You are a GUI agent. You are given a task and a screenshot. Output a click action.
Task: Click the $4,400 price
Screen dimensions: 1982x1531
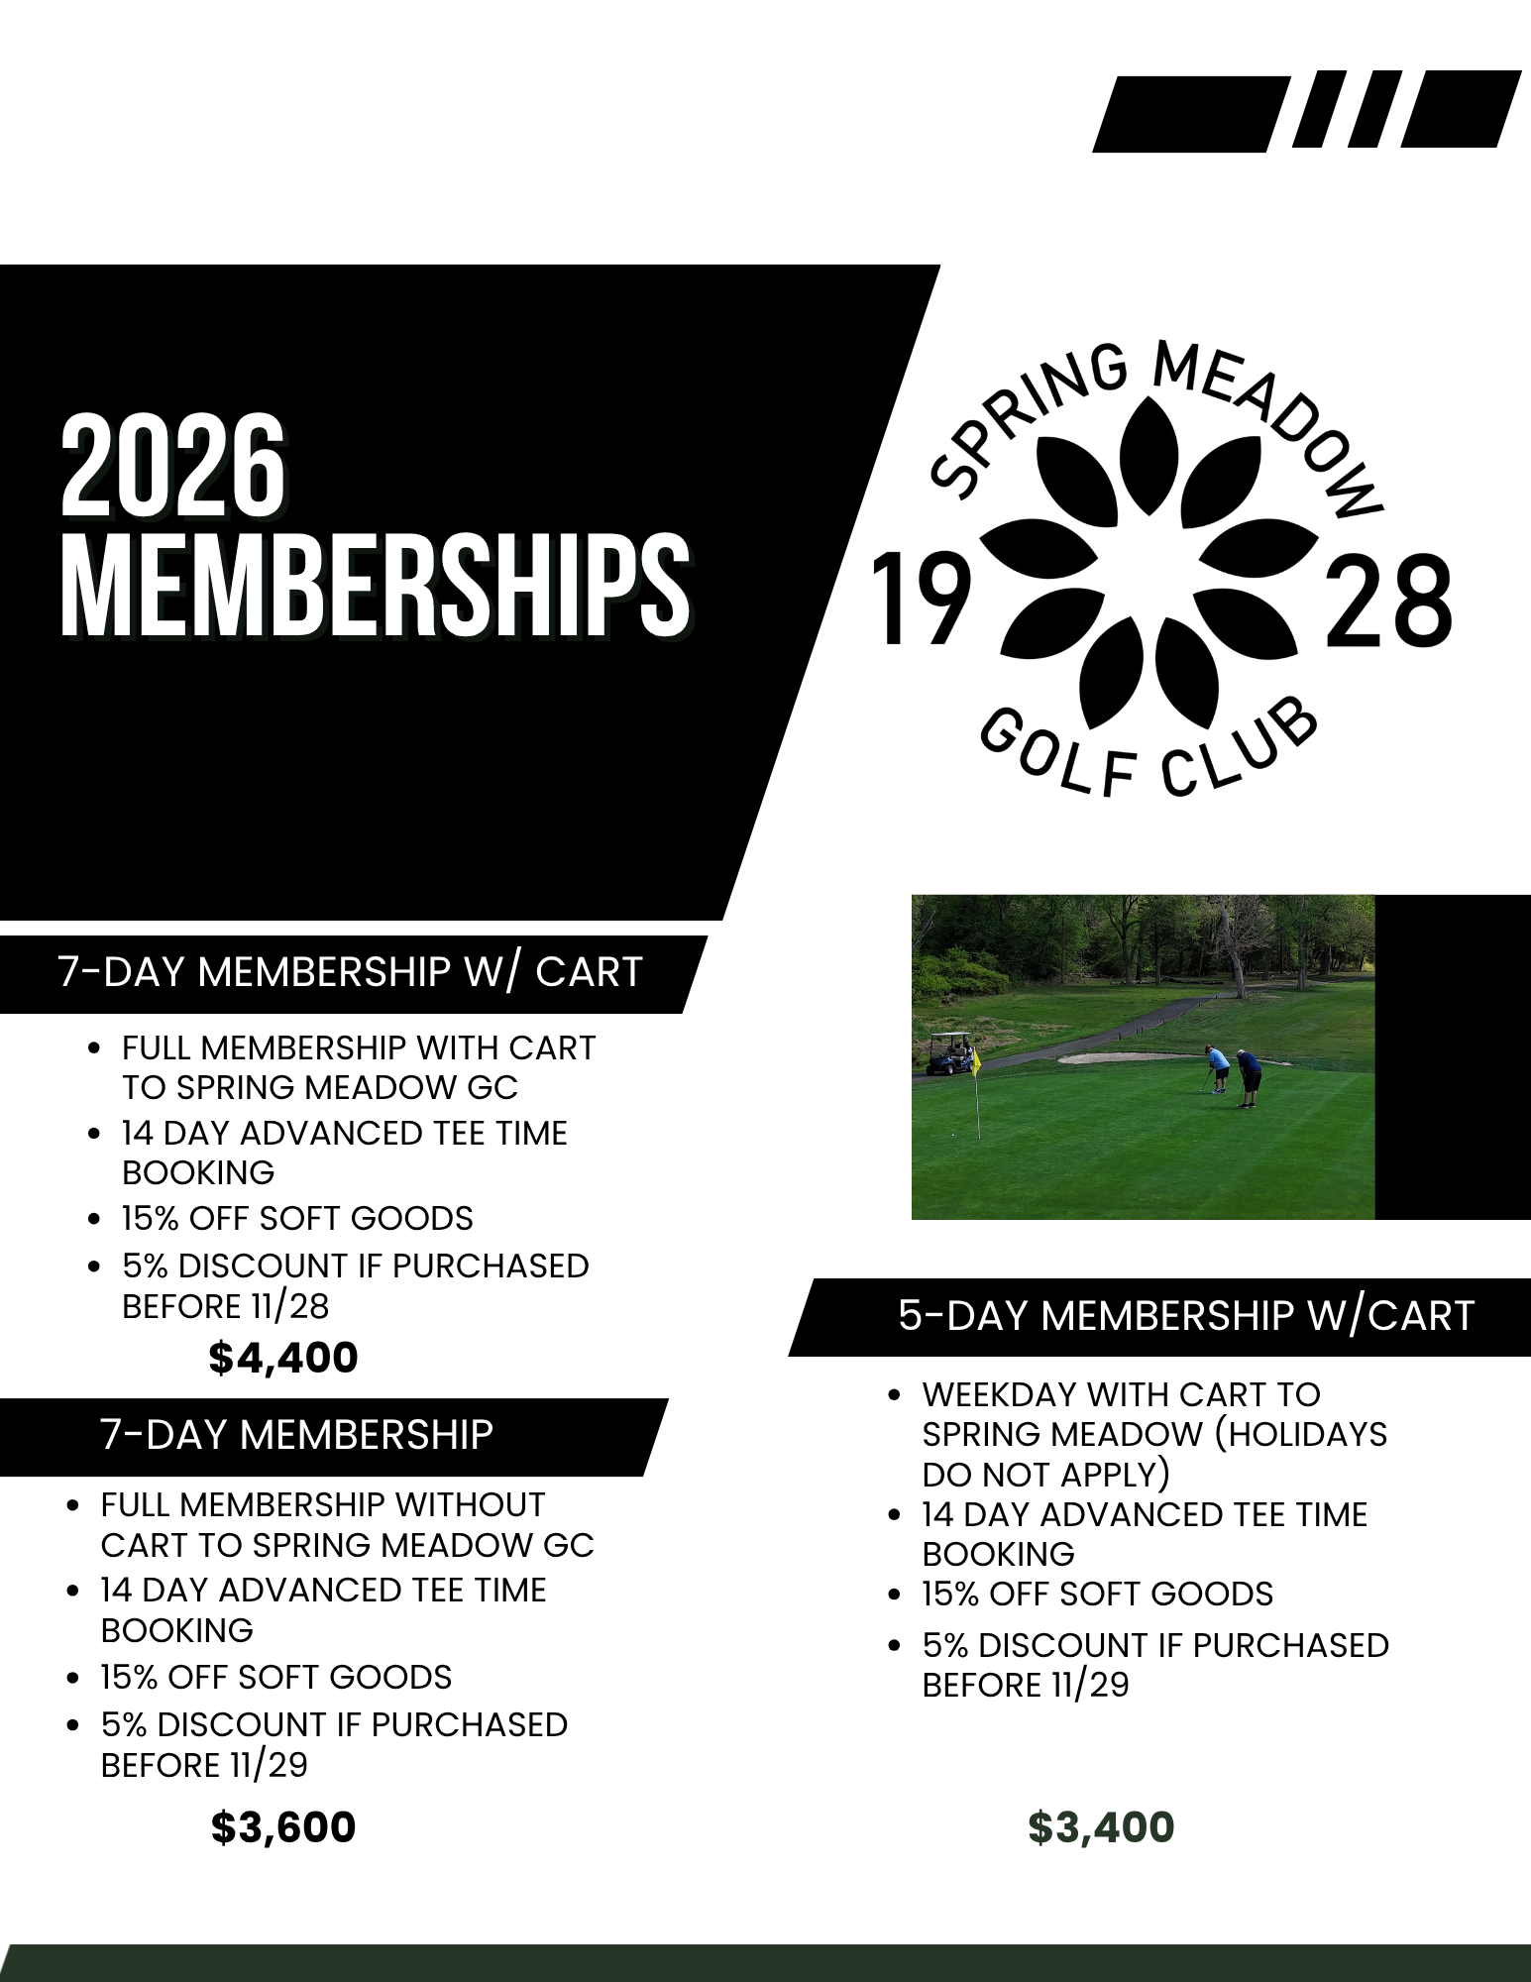283,1358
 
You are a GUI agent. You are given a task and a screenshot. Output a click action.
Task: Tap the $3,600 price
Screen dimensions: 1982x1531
283,1827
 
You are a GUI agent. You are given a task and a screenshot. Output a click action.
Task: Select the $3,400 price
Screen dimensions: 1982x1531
1101,1827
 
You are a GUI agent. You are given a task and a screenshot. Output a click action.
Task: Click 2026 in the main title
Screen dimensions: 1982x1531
173,467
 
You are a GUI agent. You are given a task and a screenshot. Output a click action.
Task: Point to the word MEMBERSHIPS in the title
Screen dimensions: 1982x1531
375,585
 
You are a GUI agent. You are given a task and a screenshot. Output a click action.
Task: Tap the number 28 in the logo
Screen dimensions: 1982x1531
1387,601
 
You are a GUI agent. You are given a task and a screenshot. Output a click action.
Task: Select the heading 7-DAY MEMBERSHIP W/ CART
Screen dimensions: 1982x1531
351,972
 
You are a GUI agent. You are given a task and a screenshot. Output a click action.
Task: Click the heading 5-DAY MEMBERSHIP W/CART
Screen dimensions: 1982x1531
1186,1316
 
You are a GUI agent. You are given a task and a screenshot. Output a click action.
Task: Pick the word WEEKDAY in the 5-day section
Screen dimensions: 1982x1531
999,1394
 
